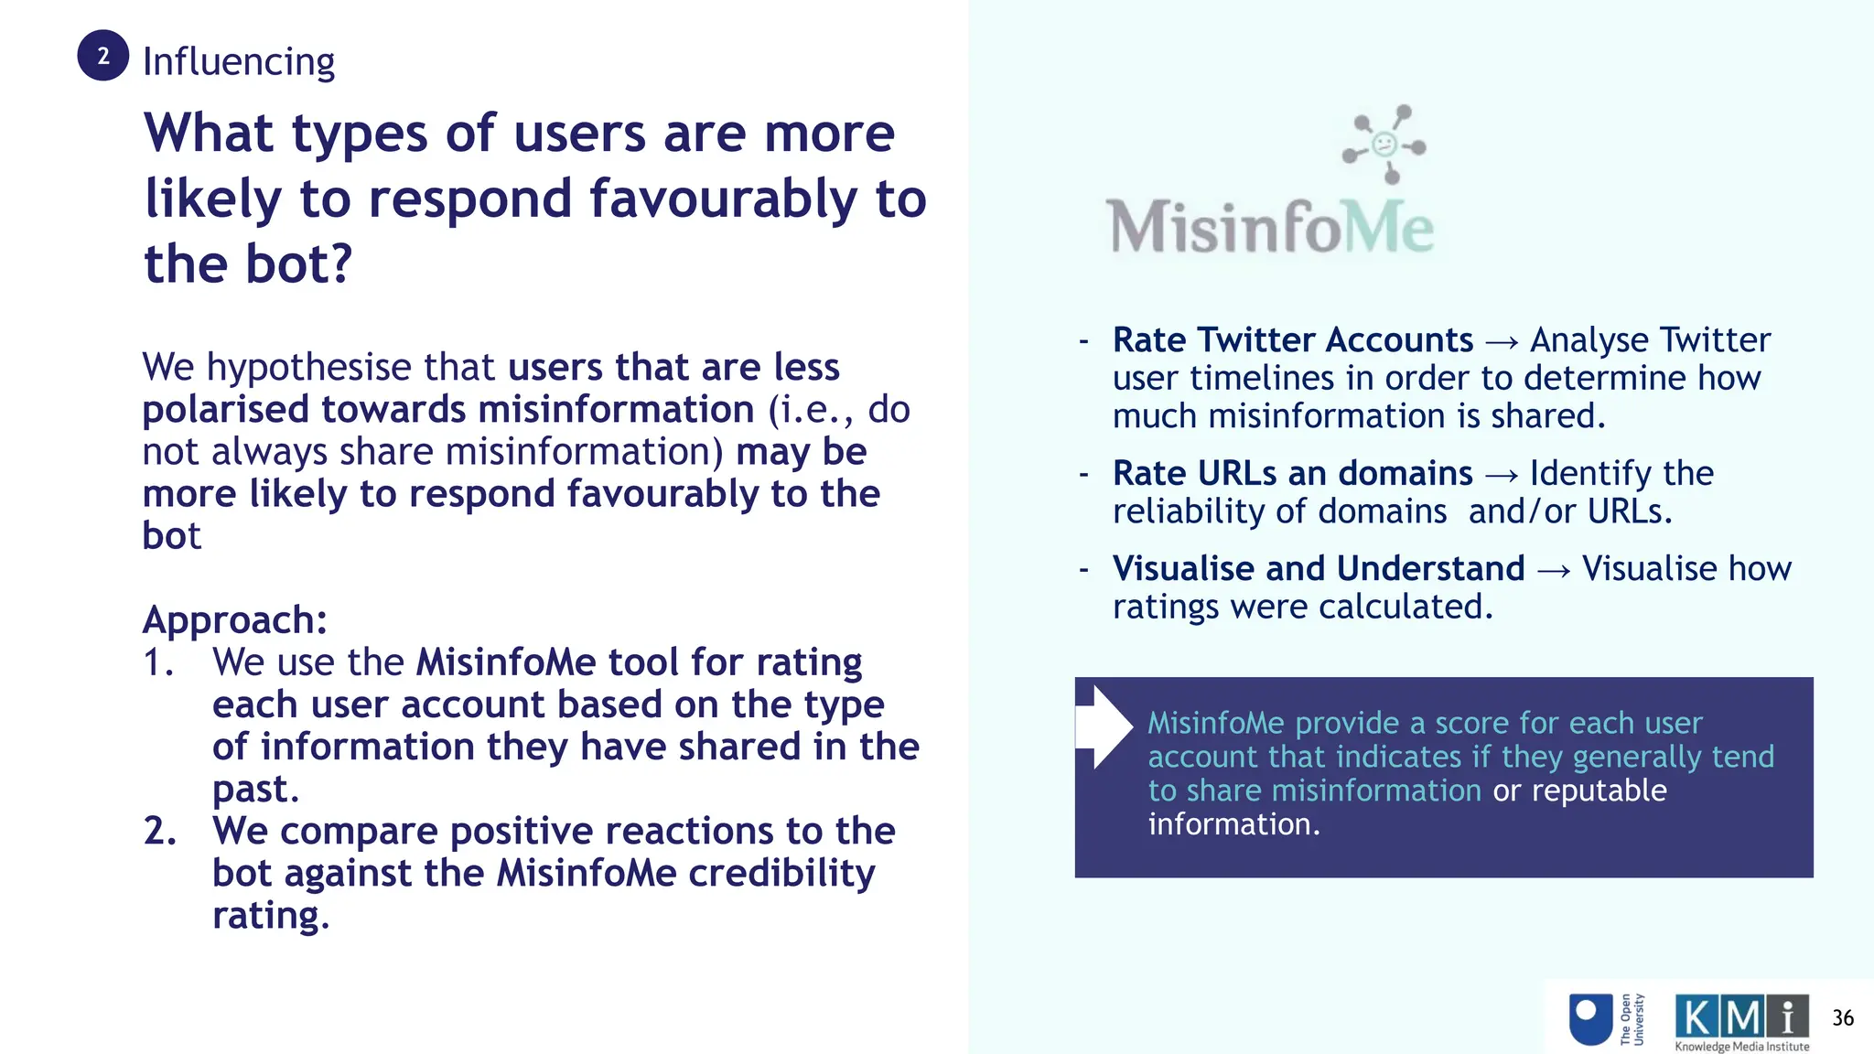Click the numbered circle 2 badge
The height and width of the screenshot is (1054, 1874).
coord(102,56)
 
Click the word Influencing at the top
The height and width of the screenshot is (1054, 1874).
coord(239,62)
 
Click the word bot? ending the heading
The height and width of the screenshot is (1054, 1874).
coord(296,264)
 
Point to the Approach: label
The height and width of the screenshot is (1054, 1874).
coord(235,620)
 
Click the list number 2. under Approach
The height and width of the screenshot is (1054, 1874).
coord(160,831)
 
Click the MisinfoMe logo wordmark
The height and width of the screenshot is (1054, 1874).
coord(1270,227)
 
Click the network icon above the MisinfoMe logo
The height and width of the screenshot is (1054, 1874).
coord(1384,144)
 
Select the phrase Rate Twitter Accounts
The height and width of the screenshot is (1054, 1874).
coord(1292,340)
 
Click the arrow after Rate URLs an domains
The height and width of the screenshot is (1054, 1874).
coord(1502,475)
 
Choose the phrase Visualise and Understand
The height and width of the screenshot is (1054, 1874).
coord(1319,569)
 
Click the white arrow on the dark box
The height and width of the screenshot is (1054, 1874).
coord(1105,726)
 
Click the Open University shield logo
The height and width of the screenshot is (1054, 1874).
coord(1590,1018)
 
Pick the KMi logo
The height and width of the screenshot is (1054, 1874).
coord(1741,1016)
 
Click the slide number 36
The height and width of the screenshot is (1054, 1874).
coord(1843,1018)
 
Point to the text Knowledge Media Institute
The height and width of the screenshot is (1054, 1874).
coord(1741,1047)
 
